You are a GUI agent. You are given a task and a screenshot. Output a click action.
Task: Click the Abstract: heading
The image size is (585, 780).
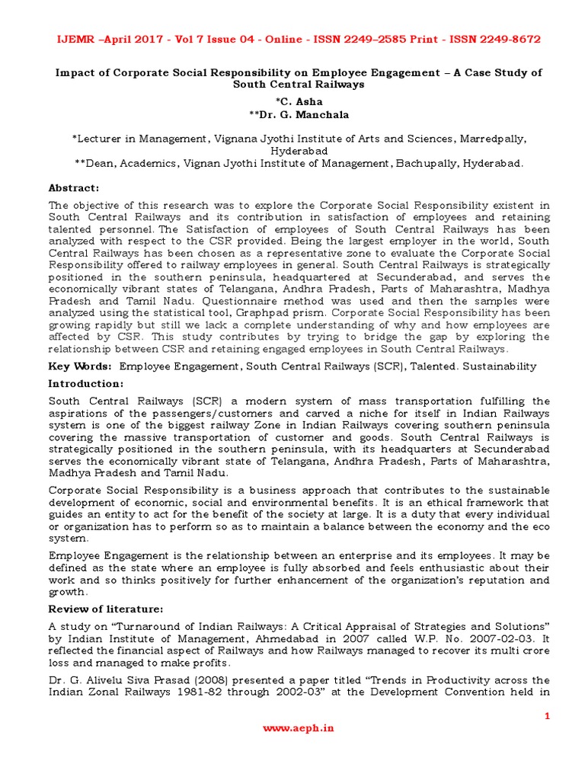point(74,188)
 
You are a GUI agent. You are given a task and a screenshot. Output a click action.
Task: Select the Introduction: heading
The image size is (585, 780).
point(85,383)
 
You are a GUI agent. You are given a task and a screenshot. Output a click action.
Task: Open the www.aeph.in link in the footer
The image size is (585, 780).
point(298,727)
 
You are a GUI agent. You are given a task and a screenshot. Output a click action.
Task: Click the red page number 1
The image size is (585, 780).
point(546,716)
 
